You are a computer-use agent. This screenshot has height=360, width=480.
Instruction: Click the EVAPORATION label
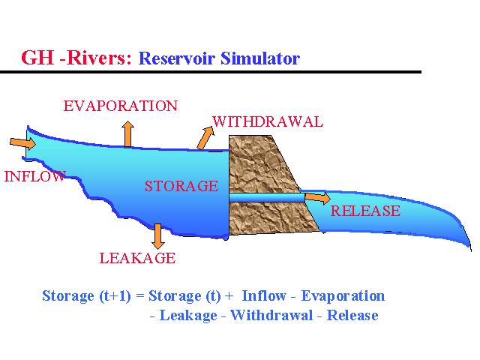121,106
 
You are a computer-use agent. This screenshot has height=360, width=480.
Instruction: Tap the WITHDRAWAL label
268,121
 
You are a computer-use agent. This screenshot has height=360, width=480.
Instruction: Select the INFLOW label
34,177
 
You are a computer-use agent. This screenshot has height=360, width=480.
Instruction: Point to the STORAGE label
181,186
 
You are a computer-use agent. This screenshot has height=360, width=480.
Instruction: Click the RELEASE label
366,211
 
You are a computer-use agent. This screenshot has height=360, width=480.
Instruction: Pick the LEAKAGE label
137,259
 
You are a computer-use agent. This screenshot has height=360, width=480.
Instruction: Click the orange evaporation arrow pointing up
128,133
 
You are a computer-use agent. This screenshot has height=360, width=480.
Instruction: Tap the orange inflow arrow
23,142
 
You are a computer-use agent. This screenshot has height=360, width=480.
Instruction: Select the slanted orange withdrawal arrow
204,137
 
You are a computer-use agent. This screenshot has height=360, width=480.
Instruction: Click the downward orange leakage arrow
157,235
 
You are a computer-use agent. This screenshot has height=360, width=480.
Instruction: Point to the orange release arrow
317,198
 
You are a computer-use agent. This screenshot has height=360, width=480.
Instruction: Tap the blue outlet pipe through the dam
266,197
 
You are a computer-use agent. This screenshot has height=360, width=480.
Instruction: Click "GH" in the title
37,58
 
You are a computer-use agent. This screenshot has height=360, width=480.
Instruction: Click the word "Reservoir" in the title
176,58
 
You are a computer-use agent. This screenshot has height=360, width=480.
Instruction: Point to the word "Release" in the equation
352,316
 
